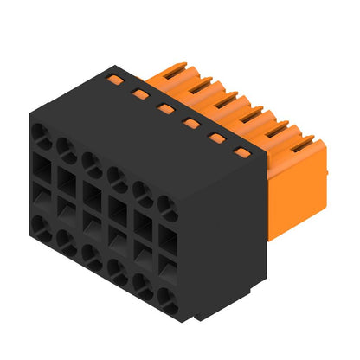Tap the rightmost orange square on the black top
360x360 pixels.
pos(243,153)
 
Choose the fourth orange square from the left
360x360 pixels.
pos(190,123)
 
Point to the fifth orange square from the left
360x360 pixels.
pos(216,138)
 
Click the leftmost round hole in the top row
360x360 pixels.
pos(40,132)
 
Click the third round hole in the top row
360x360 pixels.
pos(91,162)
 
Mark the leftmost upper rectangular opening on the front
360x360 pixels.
pos(40,164)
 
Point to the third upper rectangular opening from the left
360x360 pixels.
pos(91,193)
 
